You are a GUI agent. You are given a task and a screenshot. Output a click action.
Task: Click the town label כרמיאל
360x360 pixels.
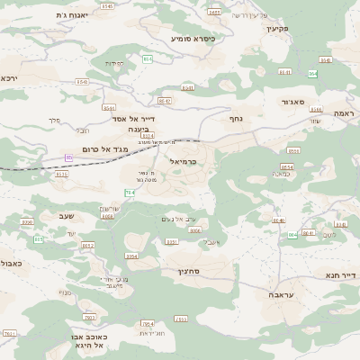182,161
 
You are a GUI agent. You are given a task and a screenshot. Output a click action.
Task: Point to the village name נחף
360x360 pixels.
236,118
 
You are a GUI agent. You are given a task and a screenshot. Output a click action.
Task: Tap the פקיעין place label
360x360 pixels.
275,28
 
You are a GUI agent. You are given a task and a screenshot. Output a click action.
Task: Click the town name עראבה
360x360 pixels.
282,294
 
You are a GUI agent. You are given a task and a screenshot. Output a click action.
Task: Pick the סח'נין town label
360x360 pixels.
188,271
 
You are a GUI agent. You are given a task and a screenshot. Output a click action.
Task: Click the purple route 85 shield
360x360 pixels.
69,158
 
